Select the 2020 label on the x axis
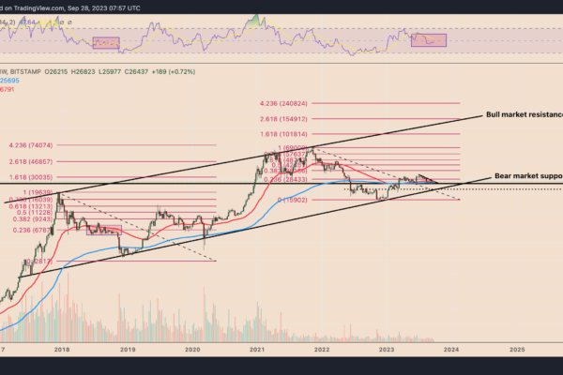193,348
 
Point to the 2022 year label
322,348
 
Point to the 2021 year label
257,348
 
